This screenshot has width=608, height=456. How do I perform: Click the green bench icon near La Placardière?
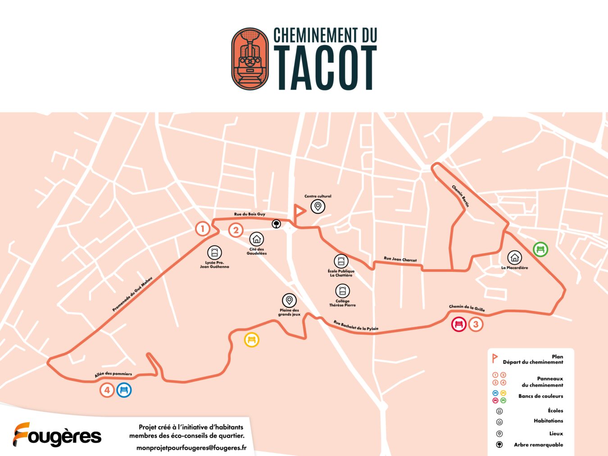click(x=540, y=249)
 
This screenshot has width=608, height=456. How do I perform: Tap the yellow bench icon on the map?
click(x=252, y=339)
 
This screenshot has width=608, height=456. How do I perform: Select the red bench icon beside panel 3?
click(x=459, y=324)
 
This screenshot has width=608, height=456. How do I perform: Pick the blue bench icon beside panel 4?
click(x=124, y=390)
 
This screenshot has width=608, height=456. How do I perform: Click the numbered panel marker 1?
click(x=203, y=229)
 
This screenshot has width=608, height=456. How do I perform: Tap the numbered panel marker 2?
click(x=236, y=230)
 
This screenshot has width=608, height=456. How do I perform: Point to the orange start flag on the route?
click(x=299, y=211)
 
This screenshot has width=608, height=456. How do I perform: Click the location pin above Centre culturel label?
click(x=318, y=207)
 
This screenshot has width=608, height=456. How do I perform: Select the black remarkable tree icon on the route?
click(x=276, y=223)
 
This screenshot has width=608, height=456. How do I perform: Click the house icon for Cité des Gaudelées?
click(x=257, y=239)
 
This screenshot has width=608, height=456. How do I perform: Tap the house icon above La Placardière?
click(x=514, y=257)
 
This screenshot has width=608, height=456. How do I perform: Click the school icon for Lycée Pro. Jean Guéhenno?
click(x=214, y=253)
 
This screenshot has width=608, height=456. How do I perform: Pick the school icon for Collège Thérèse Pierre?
click(x=342, y=291)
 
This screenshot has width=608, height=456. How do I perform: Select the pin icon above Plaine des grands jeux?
click(x=289, y=300)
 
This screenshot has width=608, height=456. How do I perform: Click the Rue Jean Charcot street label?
click(x=400, y=259)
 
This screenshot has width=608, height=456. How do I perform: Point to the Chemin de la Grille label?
click(x=467, y=308)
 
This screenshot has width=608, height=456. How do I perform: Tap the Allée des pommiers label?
click(x=113, y=374)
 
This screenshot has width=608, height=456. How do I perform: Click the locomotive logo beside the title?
click(x=250, y=59)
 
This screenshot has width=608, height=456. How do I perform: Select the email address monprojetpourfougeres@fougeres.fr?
click(x=191, y=447)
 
